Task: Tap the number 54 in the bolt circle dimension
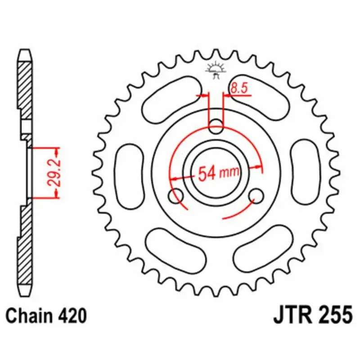[x=207, y=173]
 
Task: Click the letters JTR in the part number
[x=293, y=315]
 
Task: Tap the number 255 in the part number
[x=336, y=315]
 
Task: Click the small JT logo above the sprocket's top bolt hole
[x=216, y=70]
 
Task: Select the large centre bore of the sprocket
[x=216, y=173]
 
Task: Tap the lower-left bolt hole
[x=175, y=196]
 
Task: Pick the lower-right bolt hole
[x=257, y=195]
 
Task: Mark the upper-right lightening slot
[x=261, y=97]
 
